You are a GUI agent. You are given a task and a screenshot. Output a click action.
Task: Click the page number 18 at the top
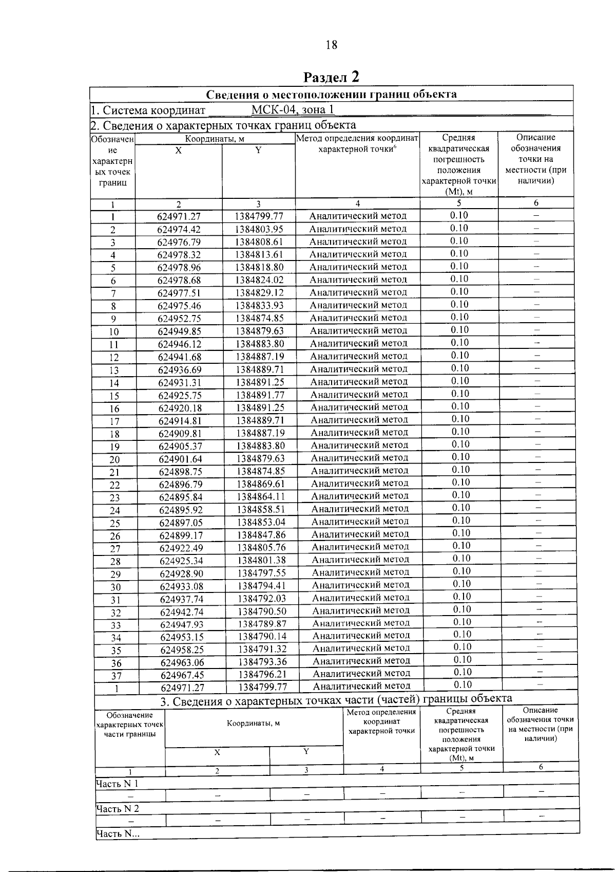pyautogui.click(x=332, y=45)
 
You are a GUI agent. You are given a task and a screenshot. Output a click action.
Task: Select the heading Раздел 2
pyautogui.click(x=331, y=77)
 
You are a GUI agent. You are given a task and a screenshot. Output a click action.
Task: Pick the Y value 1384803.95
pyautogui.click(x=259, y=229)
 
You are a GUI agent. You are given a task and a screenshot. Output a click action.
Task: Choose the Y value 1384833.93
pyautogui.click(x=260, y=306)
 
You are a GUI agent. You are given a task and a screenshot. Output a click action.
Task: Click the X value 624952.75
pyautogui.click(x=179, y=319)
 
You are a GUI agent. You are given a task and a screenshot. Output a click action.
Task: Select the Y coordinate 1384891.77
pyautogui.click(x=260, y=395)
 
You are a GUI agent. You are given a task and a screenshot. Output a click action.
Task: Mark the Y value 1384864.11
pyautogui.click(x=261, y=497)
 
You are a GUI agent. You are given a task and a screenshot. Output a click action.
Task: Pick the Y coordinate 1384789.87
pyautogui.click(x=262, y=624)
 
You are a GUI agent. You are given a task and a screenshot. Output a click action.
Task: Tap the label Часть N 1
pyautogui.click(x=117, y=784)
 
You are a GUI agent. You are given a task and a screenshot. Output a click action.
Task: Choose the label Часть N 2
pyautogui.click(x=118, y=809)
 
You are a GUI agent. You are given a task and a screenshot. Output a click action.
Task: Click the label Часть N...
pyautogui.click(x=118, y=834)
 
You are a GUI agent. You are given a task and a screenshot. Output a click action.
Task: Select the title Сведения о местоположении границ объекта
pyautogui.click(x=331, y=94)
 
